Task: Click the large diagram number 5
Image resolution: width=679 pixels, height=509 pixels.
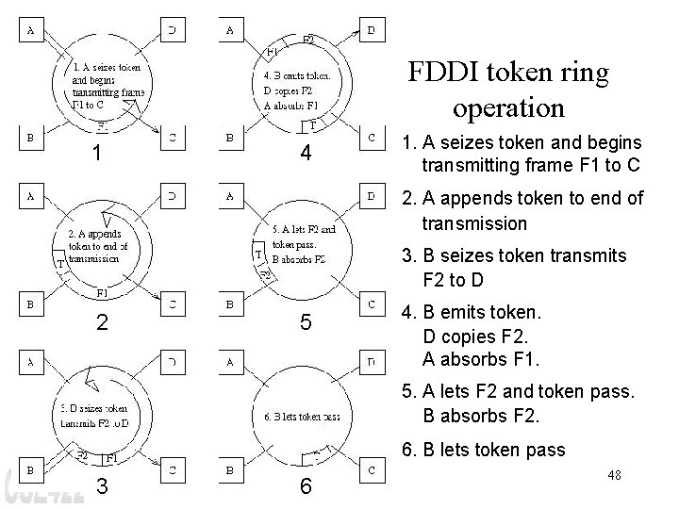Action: (x=304, y=322)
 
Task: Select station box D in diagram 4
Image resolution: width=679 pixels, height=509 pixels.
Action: (x=372, y=30)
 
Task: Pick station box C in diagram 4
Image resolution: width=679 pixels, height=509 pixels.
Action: (x=372, y=138)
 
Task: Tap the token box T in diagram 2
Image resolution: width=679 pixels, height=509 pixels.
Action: (x=60, y=265)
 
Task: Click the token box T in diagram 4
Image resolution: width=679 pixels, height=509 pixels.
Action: (x=312, y=124)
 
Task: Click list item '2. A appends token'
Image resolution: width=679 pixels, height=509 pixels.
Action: (x=522, y=210)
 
